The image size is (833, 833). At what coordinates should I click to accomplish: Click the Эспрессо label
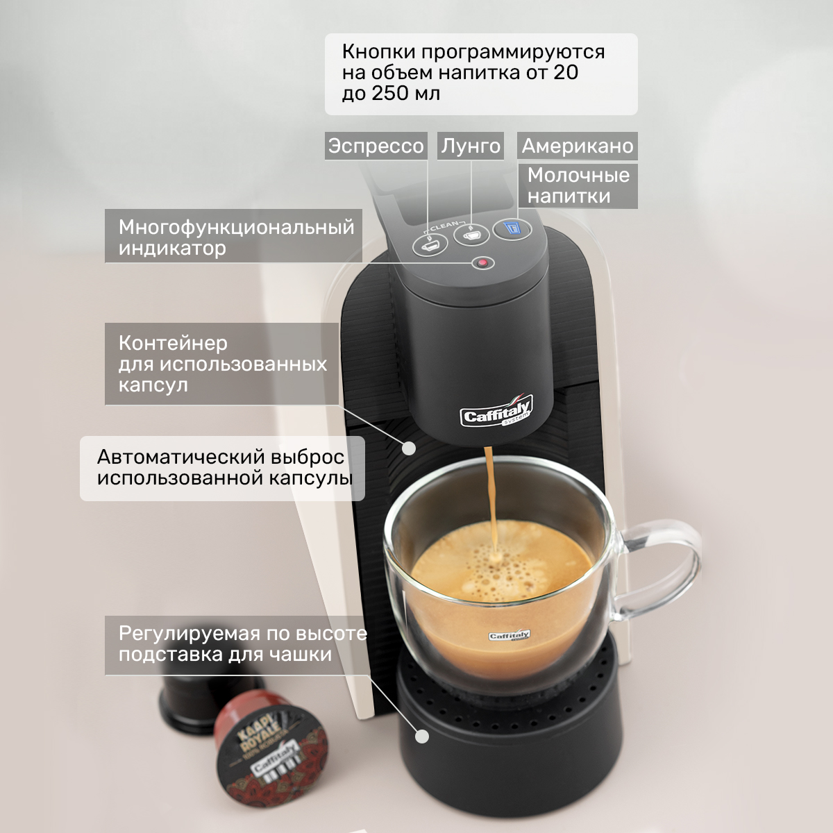point(376,146)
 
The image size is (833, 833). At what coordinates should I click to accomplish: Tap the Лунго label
point(471,146)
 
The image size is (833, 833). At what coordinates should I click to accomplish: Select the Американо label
point(577,146)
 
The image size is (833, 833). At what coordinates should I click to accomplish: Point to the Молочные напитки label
point(578,186)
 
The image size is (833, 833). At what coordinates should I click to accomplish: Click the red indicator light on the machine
point(483,263)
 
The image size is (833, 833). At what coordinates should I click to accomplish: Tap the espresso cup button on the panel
point(430,246)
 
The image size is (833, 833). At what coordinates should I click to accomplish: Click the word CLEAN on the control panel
point(444,225)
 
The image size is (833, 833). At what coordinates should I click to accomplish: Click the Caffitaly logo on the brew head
point(496,411)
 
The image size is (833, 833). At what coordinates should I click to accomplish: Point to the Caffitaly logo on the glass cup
point(509,635)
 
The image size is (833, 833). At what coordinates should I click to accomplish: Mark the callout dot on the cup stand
point(422,737)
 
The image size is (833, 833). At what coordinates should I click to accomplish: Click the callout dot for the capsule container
point(408,448)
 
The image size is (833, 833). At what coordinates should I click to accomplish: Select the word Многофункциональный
point(237,227)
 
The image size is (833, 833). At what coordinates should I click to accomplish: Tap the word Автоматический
point(180,457)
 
